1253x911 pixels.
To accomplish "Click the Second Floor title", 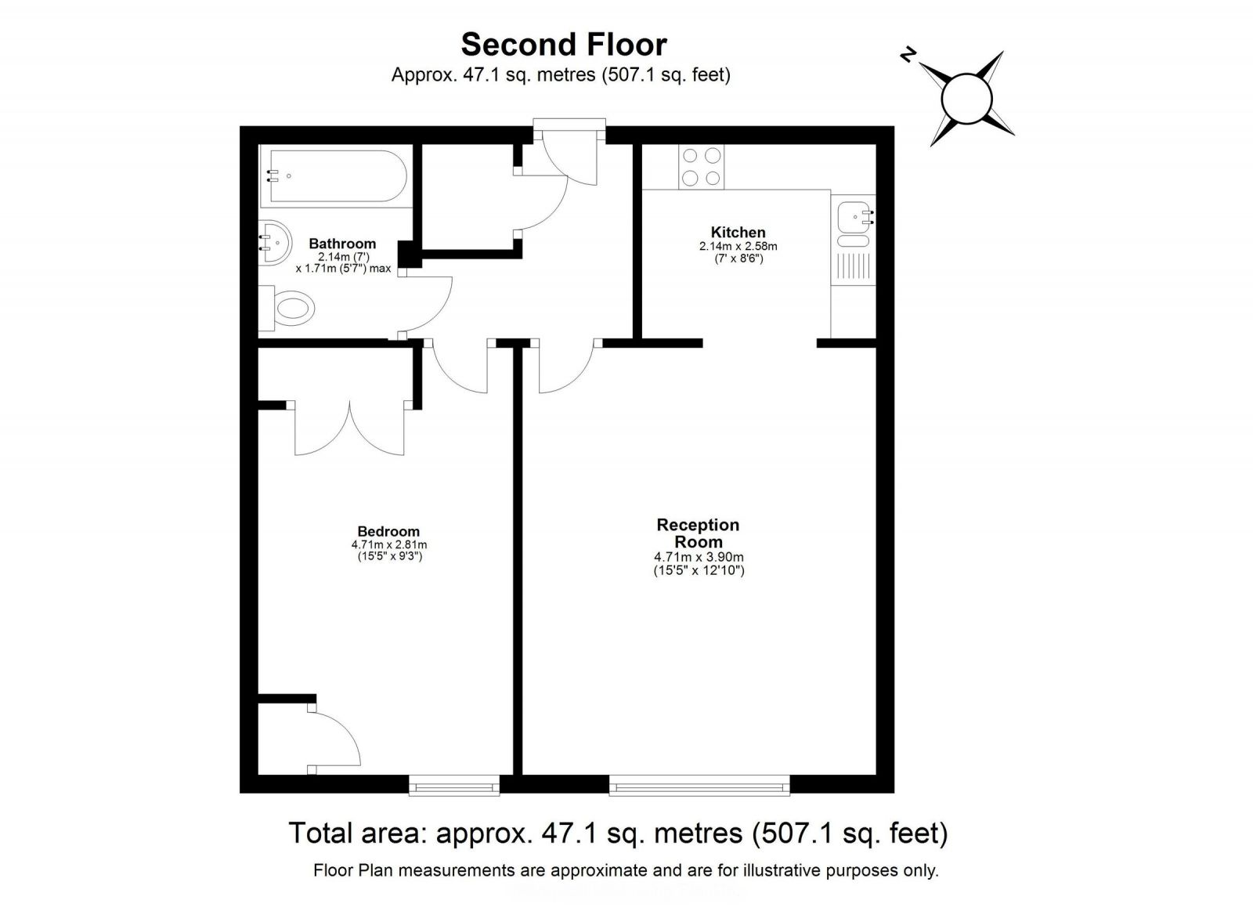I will point(563,45).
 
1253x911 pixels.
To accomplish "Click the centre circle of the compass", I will point(967,99).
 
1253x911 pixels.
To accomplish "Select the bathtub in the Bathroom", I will point(334,175).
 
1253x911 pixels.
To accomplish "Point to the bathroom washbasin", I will point(273,244).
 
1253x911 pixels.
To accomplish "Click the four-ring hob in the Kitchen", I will point(701,167).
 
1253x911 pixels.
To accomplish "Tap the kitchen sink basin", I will point(853,219).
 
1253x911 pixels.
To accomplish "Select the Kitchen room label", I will point(738,232).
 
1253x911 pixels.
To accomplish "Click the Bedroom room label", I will point(388,532).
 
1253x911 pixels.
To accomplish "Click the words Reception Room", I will point(698,533).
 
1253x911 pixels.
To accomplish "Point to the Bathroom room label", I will point(342,244).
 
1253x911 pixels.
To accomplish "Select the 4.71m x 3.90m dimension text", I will point(699,557).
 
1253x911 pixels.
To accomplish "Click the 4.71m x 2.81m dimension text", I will point(388,544).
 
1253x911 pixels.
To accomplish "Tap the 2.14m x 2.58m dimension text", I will point(738,246).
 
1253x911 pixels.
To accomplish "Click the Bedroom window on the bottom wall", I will point(454,785).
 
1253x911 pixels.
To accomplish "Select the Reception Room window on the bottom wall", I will point(699,785).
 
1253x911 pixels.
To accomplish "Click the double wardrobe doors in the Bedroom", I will point(349,429).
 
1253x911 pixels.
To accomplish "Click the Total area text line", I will point(618,833).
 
